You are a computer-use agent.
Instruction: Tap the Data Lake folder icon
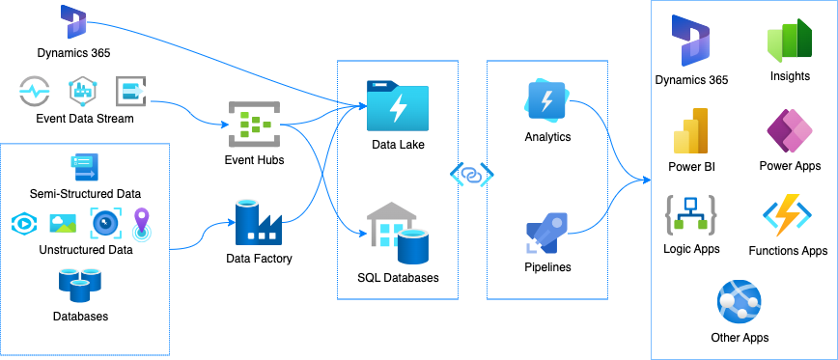[397, 106]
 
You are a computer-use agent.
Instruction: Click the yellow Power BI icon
[690, 131]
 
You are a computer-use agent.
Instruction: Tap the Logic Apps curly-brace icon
[690, 217]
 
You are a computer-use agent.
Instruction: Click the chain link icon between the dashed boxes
[472, 175]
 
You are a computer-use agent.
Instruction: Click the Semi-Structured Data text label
[85, 194]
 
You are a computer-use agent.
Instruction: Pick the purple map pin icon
[142, 223]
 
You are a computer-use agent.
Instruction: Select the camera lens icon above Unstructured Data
[104, 223]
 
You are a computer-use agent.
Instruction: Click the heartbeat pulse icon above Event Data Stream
[37, 93]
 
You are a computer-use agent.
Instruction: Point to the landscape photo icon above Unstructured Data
[63, 223]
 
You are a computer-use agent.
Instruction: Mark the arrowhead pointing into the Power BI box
[646, 179]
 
